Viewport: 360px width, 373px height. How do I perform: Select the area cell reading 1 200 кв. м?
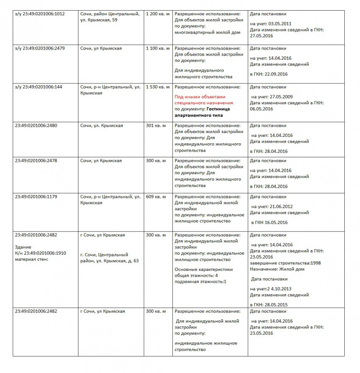[x=158, y=14]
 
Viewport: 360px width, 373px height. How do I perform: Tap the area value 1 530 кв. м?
[x=158, y=87]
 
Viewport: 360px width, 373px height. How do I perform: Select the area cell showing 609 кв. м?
[x=156, y=197]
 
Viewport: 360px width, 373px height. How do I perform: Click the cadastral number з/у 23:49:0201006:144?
[x=38, y=87]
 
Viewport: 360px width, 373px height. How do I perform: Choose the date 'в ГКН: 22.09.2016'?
[x=269, y=74]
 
